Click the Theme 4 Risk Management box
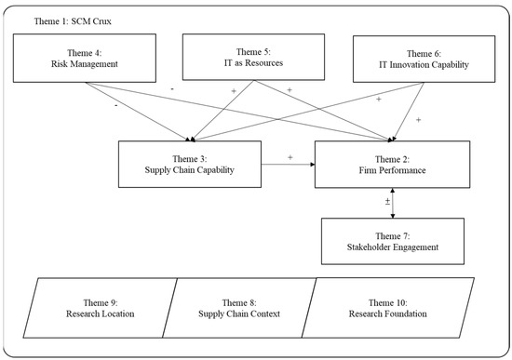tap(85, 58)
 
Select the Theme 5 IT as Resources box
tap(253, 57)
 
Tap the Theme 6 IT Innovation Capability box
tap(424, 60)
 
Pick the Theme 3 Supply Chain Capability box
tap(190, 164)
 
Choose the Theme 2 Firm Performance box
tap(392, 165)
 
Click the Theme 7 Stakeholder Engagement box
tap(393, 241)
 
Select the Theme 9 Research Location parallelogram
tap(101, 308)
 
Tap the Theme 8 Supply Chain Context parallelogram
tap(239, 308)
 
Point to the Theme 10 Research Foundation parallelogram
tap(388, 308)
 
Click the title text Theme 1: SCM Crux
tap(73, 21)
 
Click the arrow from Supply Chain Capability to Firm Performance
tap(288, 164)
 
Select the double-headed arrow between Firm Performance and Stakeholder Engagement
tap(393, 203)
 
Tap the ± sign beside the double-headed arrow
tap(387, 201)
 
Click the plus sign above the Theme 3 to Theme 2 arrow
tap(290, 157)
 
